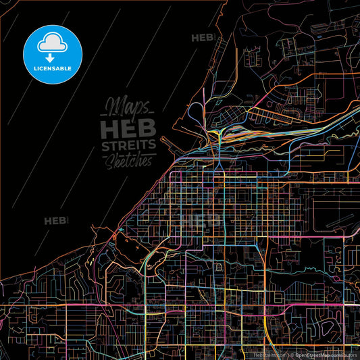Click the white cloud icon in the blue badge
coord(52,41)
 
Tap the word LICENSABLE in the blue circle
coord(52,68)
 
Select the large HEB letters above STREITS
coord(128,127)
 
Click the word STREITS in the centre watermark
coord(128,145)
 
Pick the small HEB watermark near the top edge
coord(203,38)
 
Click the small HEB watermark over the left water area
coord(55,220)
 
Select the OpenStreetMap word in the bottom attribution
coord(311,353)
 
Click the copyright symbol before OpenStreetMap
coord(291,353)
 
